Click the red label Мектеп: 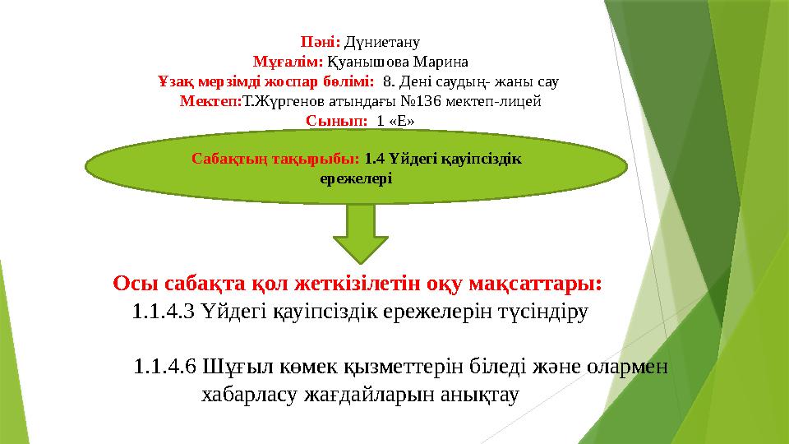coord(210,101)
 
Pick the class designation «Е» coord(400,121)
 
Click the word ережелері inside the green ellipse coord(355,178)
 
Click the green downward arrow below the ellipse coord(360,233)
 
